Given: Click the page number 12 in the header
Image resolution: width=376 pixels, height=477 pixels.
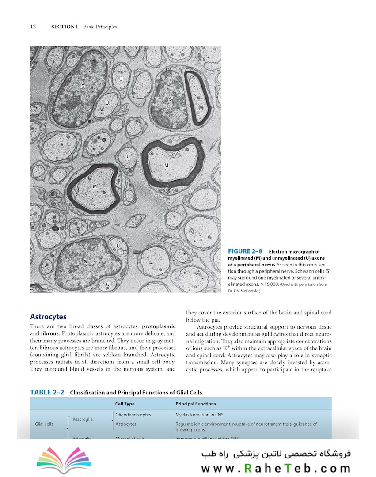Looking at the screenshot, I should (33, 27).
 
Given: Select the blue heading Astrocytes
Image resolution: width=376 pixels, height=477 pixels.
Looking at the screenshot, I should (48, 317).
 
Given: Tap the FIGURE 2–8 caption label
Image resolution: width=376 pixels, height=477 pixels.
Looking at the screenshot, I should (245, 251).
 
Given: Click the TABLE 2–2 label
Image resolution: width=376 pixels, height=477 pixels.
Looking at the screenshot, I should (47, 392).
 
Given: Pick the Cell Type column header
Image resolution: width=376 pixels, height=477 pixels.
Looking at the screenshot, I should (125, 404).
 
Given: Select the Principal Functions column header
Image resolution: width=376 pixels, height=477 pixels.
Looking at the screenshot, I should (196, 404).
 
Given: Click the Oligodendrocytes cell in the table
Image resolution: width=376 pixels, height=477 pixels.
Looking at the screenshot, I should (133, 415).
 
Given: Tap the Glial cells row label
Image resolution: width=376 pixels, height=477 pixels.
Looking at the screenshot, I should (44, 424).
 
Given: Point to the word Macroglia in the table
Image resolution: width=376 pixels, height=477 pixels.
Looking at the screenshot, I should (83, 419).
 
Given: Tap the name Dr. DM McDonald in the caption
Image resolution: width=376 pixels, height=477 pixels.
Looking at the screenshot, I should (244, 291).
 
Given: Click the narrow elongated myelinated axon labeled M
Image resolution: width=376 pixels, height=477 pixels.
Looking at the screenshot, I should (198, 98).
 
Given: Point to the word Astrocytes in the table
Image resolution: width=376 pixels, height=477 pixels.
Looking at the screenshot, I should (125, 424).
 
